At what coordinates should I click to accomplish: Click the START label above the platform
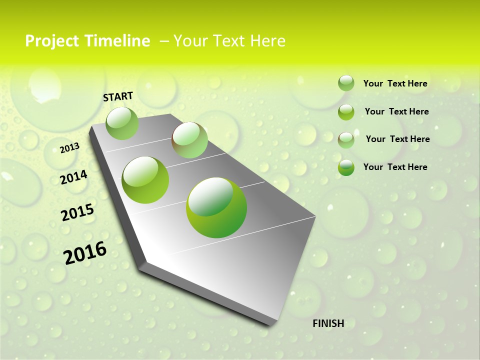coord(118,96)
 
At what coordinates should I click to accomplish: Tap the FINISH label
coord(328,323)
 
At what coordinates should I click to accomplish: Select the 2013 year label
coord(70,147)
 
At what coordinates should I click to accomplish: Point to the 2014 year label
coord(74,177)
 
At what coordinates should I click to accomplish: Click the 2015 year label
coord(77,212)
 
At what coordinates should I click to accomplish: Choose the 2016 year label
coord(85,252)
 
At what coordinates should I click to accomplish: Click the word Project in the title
coord(51,41)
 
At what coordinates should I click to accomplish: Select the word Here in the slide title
coord(267,41)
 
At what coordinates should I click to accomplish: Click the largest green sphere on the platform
coord(216,207)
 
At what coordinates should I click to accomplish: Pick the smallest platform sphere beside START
coord(122,123)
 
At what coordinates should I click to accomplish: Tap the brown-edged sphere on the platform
coord(189,140)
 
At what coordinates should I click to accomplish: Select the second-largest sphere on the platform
coord(145,180)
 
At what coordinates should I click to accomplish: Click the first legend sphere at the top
coord(346,83)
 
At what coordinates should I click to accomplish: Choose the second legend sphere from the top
coord(346,112)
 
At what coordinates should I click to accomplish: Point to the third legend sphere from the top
coord(346,139)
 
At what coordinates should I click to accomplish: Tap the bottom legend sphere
coord(346,167)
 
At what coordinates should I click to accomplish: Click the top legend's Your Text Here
coord(395,83)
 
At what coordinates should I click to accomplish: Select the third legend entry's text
coord(397,139)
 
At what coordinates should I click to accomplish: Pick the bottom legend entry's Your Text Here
coord(395,167)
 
